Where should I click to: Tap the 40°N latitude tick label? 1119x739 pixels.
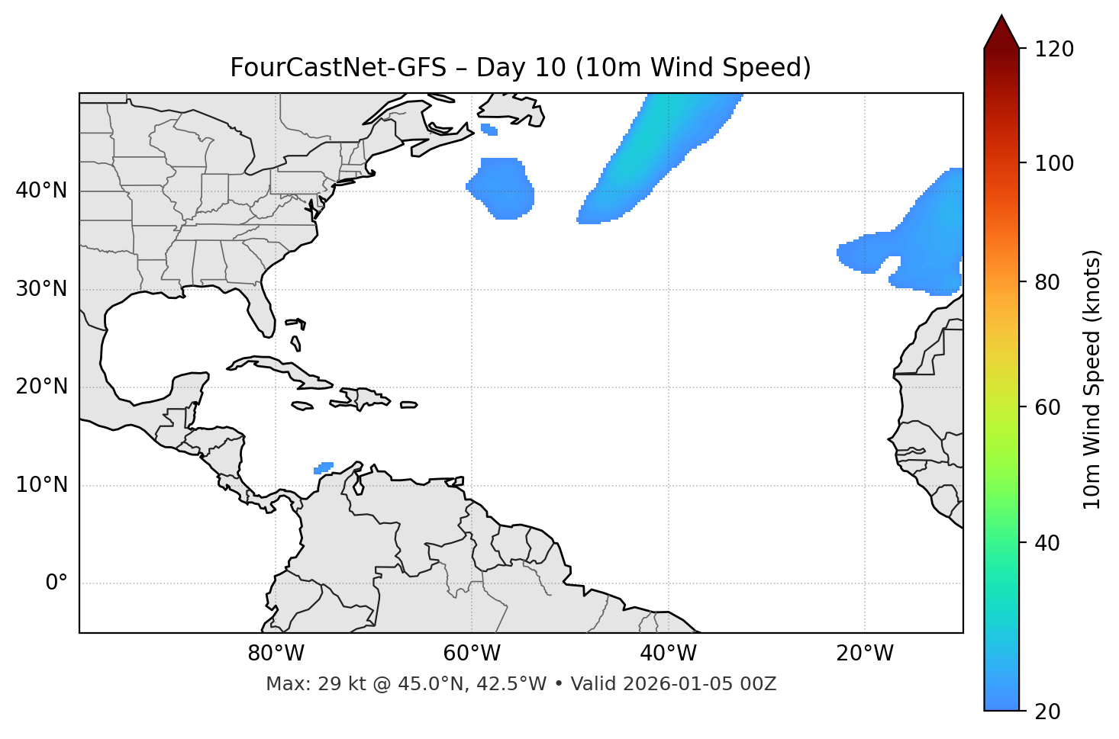(x=41, y=191)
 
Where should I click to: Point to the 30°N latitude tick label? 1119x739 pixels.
(x=41, y=289)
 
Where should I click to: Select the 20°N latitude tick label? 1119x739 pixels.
(x=41, y=387)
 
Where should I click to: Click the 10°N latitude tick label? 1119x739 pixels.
(x=41, y=485)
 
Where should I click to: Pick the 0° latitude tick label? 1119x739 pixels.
(x=56, y=583)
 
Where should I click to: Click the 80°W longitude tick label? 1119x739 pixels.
(x=276, y=654)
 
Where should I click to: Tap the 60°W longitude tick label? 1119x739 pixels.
(x=472, y=654)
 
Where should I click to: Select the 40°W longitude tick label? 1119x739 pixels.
(x=668, y=654)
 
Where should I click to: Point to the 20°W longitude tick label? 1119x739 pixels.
(x=865, y=654)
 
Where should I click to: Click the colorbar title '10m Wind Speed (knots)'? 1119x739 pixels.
(x=1092, y=379)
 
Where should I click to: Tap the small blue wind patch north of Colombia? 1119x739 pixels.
(x=324, y=467)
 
